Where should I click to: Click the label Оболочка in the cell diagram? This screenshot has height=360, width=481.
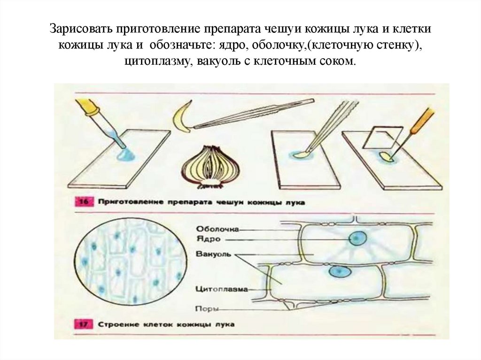[x=217, y=229]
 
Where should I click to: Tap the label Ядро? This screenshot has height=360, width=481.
[x=206, y=238]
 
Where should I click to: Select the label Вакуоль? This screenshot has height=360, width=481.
[x=213, y=254]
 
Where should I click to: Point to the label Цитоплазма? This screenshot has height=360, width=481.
[x=221, y=290]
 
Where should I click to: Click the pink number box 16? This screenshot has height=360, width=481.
[x=83, y=202]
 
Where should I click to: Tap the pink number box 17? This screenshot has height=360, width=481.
[x=83, y=324]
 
